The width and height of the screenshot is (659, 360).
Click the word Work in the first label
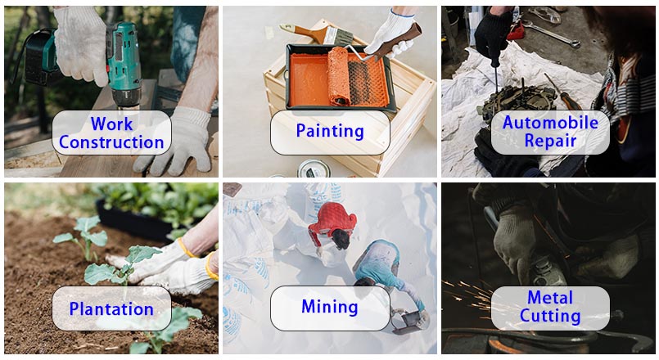tap(111, 124)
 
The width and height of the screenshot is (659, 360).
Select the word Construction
tap(111, 142)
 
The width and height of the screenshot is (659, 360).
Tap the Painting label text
tap(330, 131)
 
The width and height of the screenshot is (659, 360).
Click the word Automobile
tap(550, 123)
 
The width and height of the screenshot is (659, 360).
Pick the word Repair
tap(550, 142)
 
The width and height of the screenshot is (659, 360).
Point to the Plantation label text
tap(111, 309)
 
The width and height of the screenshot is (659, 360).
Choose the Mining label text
tap(330, 307)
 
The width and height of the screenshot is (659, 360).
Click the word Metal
tap(550, 298)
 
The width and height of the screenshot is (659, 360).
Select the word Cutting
tap(550, 316)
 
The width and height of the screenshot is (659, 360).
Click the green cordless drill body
tap(122, 63)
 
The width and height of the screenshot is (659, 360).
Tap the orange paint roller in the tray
tap(339, 75)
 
